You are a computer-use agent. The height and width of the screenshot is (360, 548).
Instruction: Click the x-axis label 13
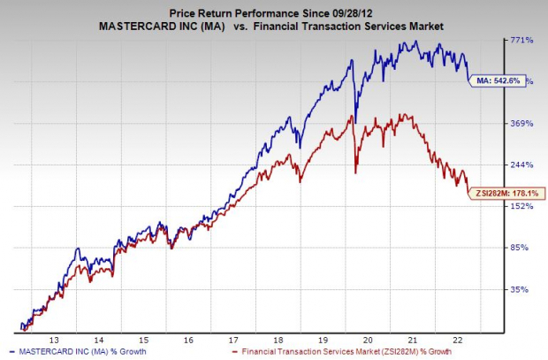tap(55, 340)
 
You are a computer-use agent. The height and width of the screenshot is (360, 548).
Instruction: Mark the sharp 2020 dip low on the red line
tap(355, 172)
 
